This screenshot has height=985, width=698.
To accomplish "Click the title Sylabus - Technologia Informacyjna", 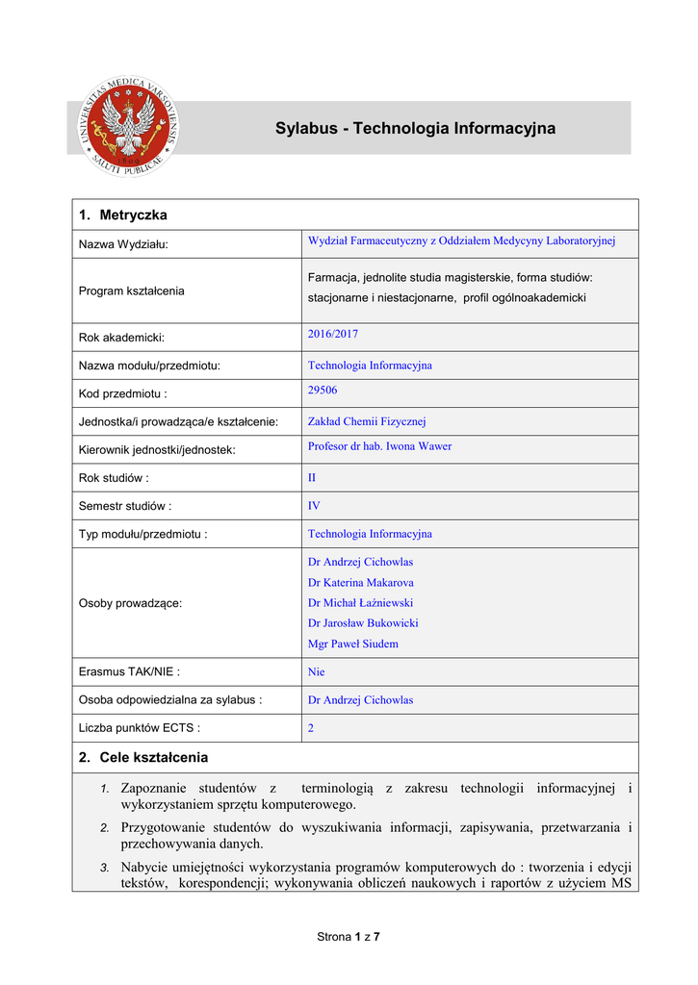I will [415, 128].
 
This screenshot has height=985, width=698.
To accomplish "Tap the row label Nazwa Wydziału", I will [123, 244].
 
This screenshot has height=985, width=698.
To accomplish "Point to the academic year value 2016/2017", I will [332, 334].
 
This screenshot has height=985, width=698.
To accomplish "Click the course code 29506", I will [323, 390].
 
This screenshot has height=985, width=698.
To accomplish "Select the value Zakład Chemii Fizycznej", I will [367, 421].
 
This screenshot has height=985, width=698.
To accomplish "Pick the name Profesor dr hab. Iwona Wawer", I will [379, 446].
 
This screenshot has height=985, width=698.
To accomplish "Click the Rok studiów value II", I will [312, 477].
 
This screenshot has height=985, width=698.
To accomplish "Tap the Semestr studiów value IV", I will [314, 505].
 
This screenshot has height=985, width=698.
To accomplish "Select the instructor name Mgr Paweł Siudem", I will [352, 644].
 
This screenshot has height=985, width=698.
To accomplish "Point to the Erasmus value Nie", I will [317, 672].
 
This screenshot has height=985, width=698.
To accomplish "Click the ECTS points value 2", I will [311, 729].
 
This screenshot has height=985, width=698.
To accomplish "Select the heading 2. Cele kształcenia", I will [143, 757].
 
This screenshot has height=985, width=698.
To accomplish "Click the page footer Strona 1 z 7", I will [349, 937].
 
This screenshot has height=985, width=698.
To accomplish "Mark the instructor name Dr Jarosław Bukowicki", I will [363, 623].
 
